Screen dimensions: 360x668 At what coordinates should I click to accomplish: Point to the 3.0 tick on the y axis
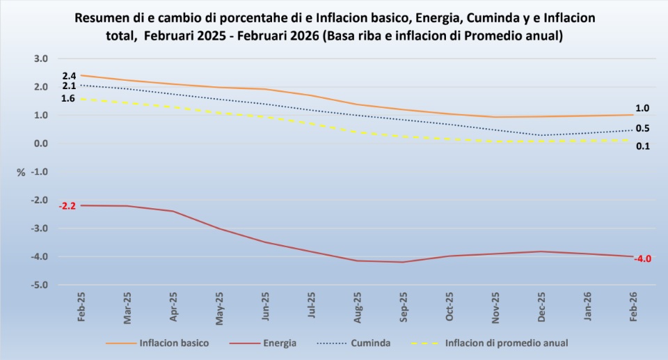pos(41,58)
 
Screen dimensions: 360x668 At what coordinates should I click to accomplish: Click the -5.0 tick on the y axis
pos(40,285)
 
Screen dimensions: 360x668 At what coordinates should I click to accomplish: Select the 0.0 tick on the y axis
pos(41,143)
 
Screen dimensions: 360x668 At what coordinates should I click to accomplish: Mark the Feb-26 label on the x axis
pos(634,307)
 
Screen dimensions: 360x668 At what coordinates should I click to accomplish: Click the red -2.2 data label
pos(67,206)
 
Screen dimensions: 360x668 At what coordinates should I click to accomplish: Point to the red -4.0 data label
pos(642,259)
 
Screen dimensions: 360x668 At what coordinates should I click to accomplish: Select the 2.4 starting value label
pos(69,75)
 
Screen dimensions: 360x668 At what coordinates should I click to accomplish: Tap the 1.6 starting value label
pos(68,99)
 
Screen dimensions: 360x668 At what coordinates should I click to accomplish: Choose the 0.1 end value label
pos(642,146)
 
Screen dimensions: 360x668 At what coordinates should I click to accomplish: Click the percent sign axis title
pos(21,172)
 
